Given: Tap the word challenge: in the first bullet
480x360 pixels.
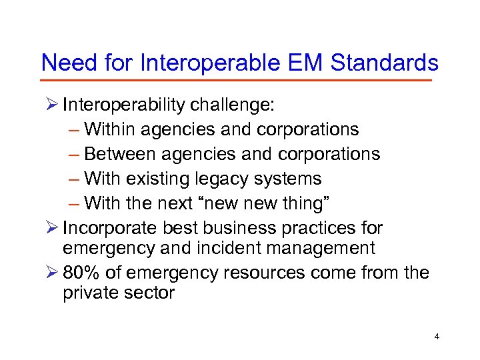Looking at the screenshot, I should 233,105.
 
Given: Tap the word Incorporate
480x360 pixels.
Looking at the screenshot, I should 109,228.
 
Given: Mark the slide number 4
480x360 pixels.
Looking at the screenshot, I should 437,337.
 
